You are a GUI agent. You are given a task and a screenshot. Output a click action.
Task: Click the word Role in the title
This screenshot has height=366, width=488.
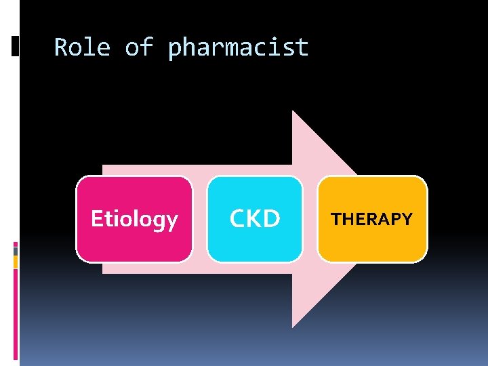(x=81, y=47)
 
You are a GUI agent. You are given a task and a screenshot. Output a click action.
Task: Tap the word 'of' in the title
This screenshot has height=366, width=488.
(x=138, y=47)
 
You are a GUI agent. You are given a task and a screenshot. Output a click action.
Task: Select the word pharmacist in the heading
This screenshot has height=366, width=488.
(x=238, y=48)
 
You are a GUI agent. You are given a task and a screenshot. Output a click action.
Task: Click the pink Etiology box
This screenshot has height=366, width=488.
(x=134, y=219)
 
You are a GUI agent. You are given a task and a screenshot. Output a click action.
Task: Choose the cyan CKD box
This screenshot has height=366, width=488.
(x=254, y=219)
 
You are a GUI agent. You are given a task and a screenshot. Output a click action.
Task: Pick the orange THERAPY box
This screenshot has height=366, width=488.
(x=372, y=219)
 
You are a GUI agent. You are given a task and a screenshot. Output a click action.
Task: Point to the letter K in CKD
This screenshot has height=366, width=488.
(x=254, y=219)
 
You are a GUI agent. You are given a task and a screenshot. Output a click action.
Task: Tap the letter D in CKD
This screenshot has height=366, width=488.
(x=272, y=219)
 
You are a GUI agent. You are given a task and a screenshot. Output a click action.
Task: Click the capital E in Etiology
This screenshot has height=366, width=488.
(x=96, y=219)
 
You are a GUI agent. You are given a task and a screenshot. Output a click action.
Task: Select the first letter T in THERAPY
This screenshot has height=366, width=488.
(x=335, y=219)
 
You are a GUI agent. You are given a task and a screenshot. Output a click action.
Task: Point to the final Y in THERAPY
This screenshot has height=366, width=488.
(x=407, y=219)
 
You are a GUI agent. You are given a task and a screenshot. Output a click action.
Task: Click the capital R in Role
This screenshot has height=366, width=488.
(x=60, y=47)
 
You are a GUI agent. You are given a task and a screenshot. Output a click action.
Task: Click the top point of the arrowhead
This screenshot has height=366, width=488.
(x=293, y=112)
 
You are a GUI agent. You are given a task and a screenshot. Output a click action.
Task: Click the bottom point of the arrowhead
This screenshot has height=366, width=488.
(x=293, y=326)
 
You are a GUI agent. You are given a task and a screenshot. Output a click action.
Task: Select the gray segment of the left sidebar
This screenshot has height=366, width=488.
(x=15, y=251)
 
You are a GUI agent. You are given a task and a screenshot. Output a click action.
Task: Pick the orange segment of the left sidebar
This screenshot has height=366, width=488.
(x=15, y=261)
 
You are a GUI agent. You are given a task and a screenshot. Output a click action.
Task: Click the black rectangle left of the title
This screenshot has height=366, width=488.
(x=15, y=46)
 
